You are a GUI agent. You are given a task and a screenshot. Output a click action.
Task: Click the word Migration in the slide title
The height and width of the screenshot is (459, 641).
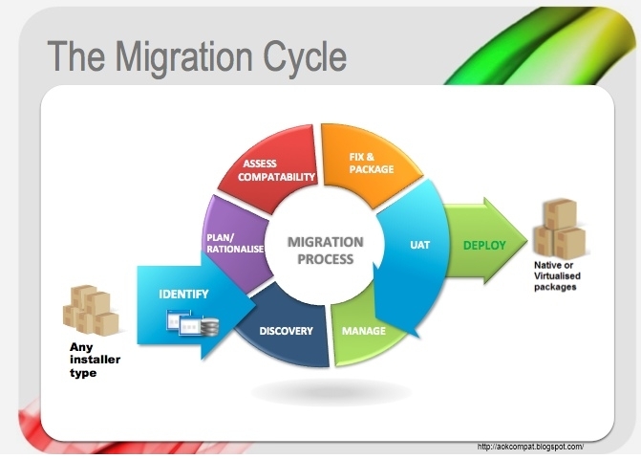click(x=184, y=56)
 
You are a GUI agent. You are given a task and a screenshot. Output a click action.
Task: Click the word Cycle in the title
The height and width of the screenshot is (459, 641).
click(x=305, y=57)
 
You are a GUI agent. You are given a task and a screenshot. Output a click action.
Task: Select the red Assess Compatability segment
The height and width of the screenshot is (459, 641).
click(x=269, y=168)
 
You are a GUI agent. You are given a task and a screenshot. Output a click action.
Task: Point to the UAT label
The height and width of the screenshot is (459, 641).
click(x=419, y=245)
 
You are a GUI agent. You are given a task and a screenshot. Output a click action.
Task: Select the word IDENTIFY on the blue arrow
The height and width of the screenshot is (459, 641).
click(x=183, y=295)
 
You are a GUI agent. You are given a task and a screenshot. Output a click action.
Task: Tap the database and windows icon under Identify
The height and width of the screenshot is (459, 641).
click(x=193, y=323)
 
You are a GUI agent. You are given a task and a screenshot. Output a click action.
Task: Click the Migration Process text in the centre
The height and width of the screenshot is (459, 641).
click(x=326, y=251)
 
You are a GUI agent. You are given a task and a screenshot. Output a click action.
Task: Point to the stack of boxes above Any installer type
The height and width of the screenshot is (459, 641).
click(x=91, y=310)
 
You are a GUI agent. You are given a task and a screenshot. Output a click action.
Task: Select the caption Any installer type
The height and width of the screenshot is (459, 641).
click(x=95, y=360)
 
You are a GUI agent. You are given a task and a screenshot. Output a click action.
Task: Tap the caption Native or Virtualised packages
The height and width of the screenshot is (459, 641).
click(x=557, y=275)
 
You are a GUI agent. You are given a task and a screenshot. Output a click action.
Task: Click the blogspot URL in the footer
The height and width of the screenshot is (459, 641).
click(x=530, y=447)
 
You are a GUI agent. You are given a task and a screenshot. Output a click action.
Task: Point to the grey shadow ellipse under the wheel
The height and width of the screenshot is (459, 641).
click(x=331, y=392)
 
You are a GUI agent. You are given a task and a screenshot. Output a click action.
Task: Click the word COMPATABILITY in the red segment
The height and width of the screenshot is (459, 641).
click(x=276, y=177)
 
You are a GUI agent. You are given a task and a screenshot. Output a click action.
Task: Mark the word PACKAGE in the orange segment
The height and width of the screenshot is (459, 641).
click(x=372, y=169)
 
